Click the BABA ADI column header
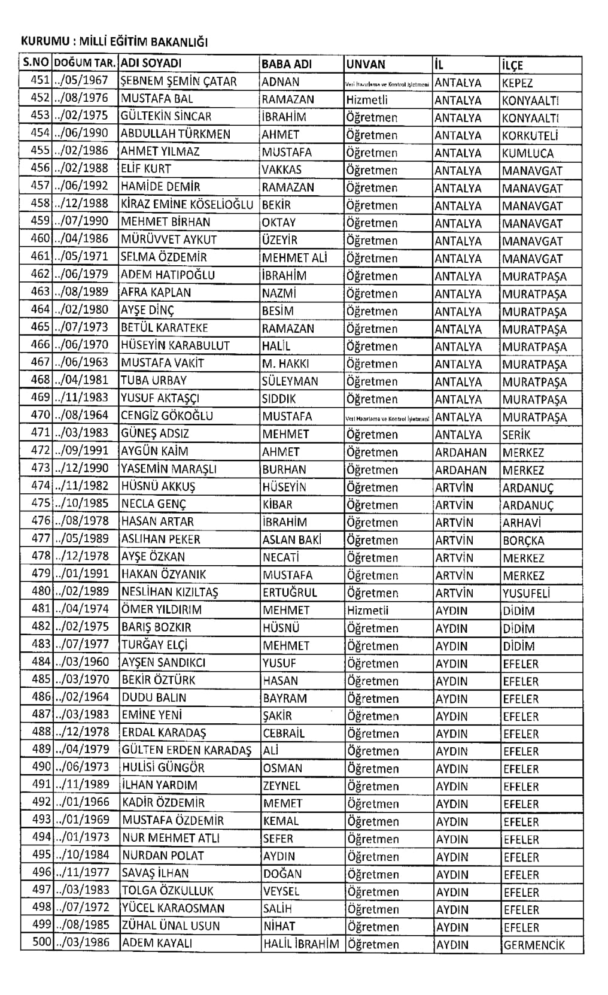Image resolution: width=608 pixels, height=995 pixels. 288,64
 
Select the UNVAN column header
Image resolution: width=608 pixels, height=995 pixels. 366,64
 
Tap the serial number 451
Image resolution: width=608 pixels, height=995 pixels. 40,81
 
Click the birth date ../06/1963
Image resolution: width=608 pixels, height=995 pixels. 81,362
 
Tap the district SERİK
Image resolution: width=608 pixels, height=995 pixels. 516,435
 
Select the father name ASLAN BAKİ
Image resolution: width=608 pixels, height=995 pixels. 292,540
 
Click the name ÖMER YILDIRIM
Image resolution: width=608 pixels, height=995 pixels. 162,610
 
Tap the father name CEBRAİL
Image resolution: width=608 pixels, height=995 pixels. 284,733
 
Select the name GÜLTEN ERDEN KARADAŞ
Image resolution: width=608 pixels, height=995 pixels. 186,751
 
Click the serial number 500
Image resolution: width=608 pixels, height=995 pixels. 42,942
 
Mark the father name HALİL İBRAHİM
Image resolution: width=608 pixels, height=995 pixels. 301,944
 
